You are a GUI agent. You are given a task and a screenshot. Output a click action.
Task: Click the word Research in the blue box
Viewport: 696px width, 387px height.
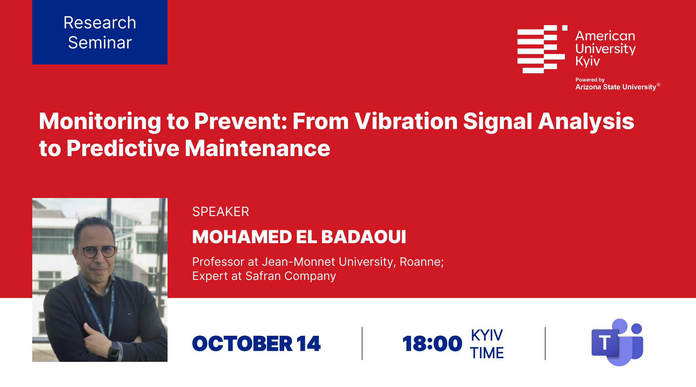click(100, 23)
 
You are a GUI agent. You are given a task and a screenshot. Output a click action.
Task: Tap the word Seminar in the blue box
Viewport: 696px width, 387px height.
click(100, 43)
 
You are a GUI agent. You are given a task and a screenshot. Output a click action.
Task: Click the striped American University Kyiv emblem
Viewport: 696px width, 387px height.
click(542, 49)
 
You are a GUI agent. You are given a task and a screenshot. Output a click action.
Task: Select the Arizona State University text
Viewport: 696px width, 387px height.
click(616, 87)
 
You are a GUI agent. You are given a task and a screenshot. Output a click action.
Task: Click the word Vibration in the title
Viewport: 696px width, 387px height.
click(406, 121)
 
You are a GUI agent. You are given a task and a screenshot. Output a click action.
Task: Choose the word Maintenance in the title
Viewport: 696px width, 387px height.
click(257, 148)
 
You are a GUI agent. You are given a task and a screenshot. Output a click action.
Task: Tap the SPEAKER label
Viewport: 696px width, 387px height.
click(221, 212)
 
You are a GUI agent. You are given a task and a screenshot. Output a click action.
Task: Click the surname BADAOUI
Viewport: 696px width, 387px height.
click(364, 237)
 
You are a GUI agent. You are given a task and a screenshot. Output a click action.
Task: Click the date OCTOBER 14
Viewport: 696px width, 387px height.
click(256, 343)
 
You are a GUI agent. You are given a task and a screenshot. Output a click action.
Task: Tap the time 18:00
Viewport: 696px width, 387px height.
click(432, 343)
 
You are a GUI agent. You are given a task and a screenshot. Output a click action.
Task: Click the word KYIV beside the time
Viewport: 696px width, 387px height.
click(487, 335)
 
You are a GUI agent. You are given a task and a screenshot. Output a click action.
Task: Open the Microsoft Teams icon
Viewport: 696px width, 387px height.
click(617, 342)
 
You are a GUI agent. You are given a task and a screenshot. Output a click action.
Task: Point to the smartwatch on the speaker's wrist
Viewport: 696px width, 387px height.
click(114, 351)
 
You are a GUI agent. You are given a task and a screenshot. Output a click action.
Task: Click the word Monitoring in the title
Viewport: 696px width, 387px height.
click(100, 121)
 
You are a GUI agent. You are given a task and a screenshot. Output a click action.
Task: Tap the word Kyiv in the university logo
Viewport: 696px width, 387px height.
click(587, 61)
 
